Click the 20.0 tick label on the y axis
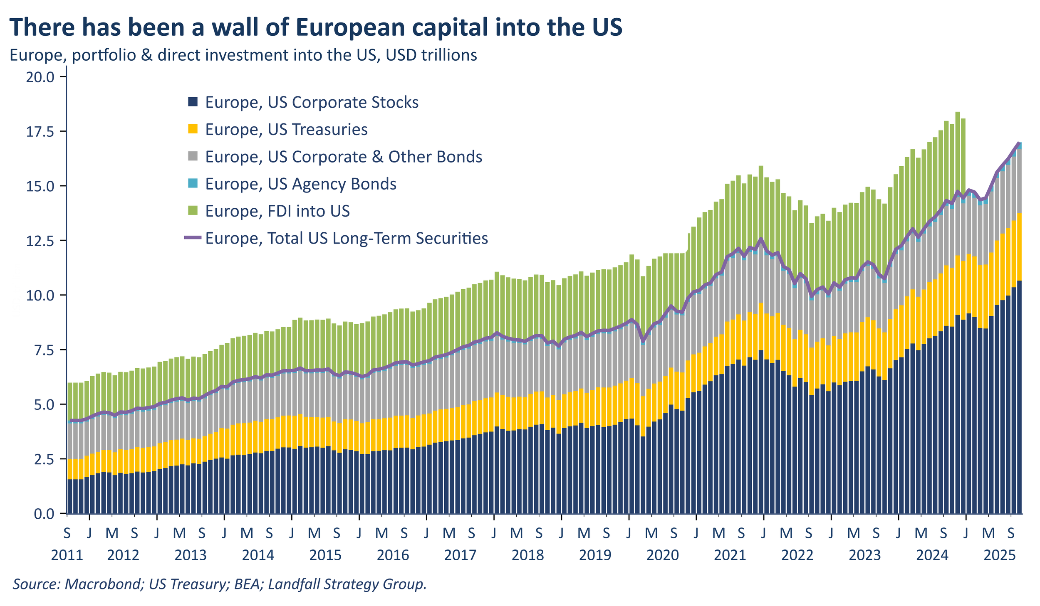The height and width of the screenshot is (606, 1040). pos(40,77)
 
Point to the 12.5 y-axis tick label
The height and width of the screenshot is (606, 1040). pos(40,241)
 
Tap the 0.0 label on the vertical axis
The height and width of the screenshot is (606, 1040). pos(44,514)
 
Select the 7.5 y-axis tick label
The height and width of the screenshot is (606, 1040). pos(44,350)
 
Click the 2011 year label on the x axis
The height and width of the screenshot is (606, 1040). pos(67,555)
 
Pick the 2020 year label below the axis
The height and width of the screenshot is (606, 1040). pos(662,555)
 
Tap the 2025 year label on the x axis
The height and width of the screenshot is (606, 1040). pos(999,555)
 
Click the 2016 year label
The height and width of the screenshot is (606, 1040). pos(393,555)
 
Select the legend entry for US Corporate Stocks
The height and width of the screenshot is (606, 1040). pos(312,102)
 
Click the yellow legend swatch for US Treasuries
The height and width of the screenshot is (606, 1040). pos(193,129)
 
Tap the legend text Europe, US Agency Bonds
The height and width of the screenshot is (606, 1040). pos(300,184)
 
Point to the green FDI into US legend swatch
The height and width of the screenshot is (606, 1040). pos(193,211)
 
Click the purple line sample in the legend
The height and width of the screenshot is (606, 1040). pos(193,238)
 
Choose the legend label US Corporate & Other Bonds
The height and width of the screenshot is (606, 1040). pos(344,157)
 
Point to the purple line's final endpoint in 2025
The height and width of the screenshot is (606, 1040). pos(1019,143)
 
